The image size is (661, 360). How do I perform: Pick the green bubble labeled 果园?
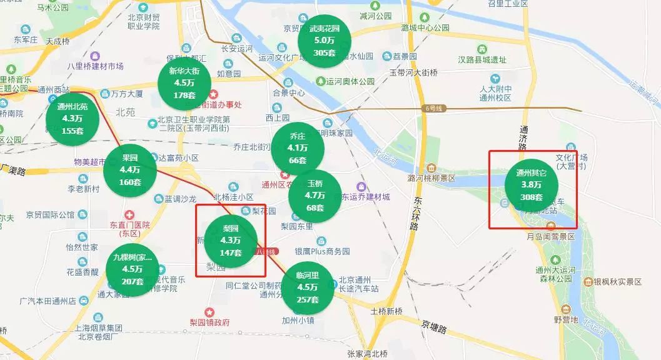pos(129,169)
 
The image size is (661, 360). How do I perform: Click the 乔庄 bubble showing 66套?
pos(298,148)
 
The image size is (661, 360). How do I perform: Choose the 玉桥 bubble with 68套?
pos(315,195)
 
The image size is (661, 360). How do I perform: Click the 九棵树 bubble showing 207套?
pos(133,269)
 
